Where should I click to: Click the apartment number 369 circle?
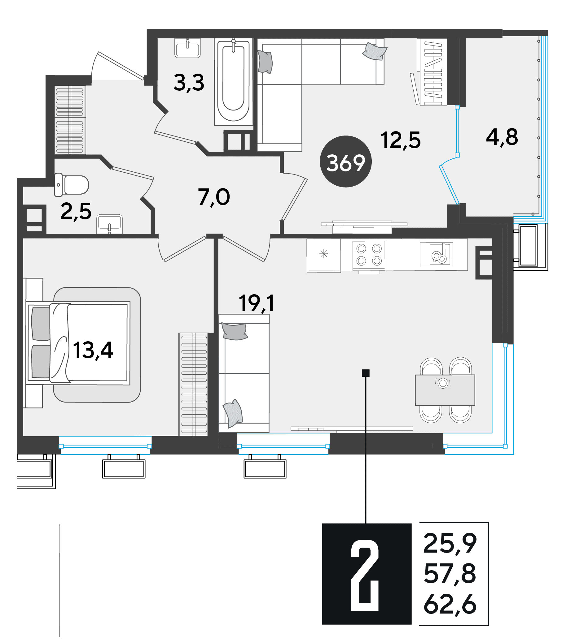coord(346,162)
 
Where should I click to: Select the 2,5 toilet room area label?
coord(76,212)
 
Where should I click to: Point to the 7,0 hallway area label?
coord(214,197)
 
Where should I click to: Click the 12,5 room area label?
coord(401,140)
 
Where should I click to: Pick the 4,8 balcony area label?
coord(502,137)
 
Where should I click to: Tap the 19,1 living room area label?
coord(257,303)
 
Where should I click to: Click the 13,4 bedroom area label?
coord(93,351)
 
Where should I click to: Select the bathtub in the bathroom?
coord(233,82)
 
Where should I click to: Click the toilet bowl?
coord(72,185)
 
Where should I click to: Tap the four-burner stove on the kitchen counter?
coord(369,255)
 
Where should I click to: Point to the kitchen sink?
coord(436,255)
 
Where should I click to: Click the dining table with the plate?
coord(445,390)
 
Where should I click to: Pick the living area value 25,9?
coord(450,544)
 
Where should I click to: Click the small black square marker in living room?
coord(366,373)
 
